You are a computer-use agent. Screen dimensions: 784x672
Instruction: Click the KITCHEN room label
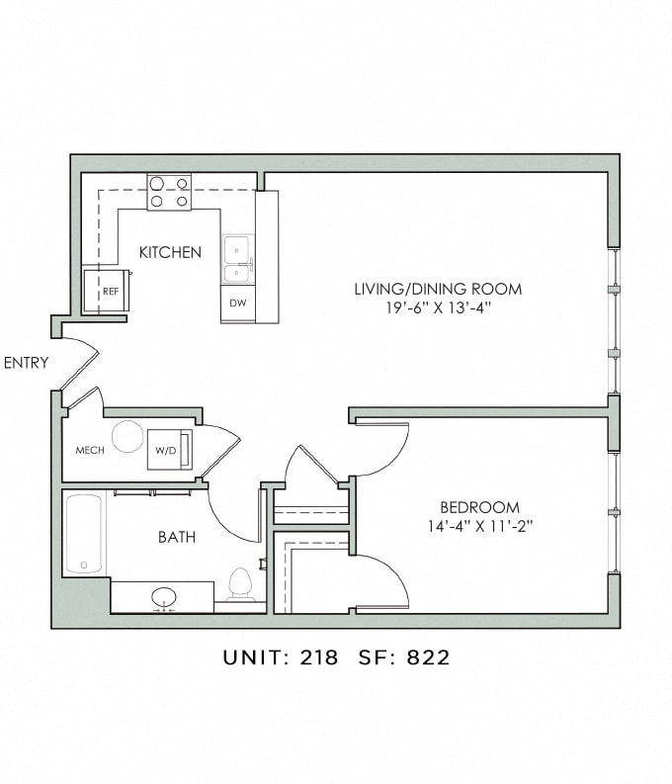point(170,252)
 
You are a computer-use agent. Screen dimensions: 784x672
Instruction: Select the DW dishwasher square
point(237,304)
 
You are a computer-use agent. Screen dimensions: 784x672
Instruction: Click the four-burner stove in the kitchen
point(169,192)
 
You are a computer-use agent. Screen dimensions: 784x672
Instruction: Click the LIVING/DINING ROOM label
point(438,289)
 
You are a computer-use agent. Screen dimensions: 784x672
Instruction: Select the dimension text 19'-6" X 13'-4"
point(438,308)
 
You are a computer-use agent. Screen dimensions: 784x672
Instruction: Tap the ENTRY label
point(26,363)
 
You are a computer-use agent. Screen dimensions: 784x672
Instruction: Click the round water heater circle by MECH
point(127,436)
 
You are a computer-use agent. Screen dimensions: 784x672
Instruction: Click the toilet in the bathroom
point(241,584)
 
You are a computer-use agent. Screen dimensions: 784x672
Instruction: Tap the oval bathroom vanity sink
point(163,597)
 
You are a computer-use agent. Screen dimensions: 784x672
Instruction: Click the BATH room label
point(177,538)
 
